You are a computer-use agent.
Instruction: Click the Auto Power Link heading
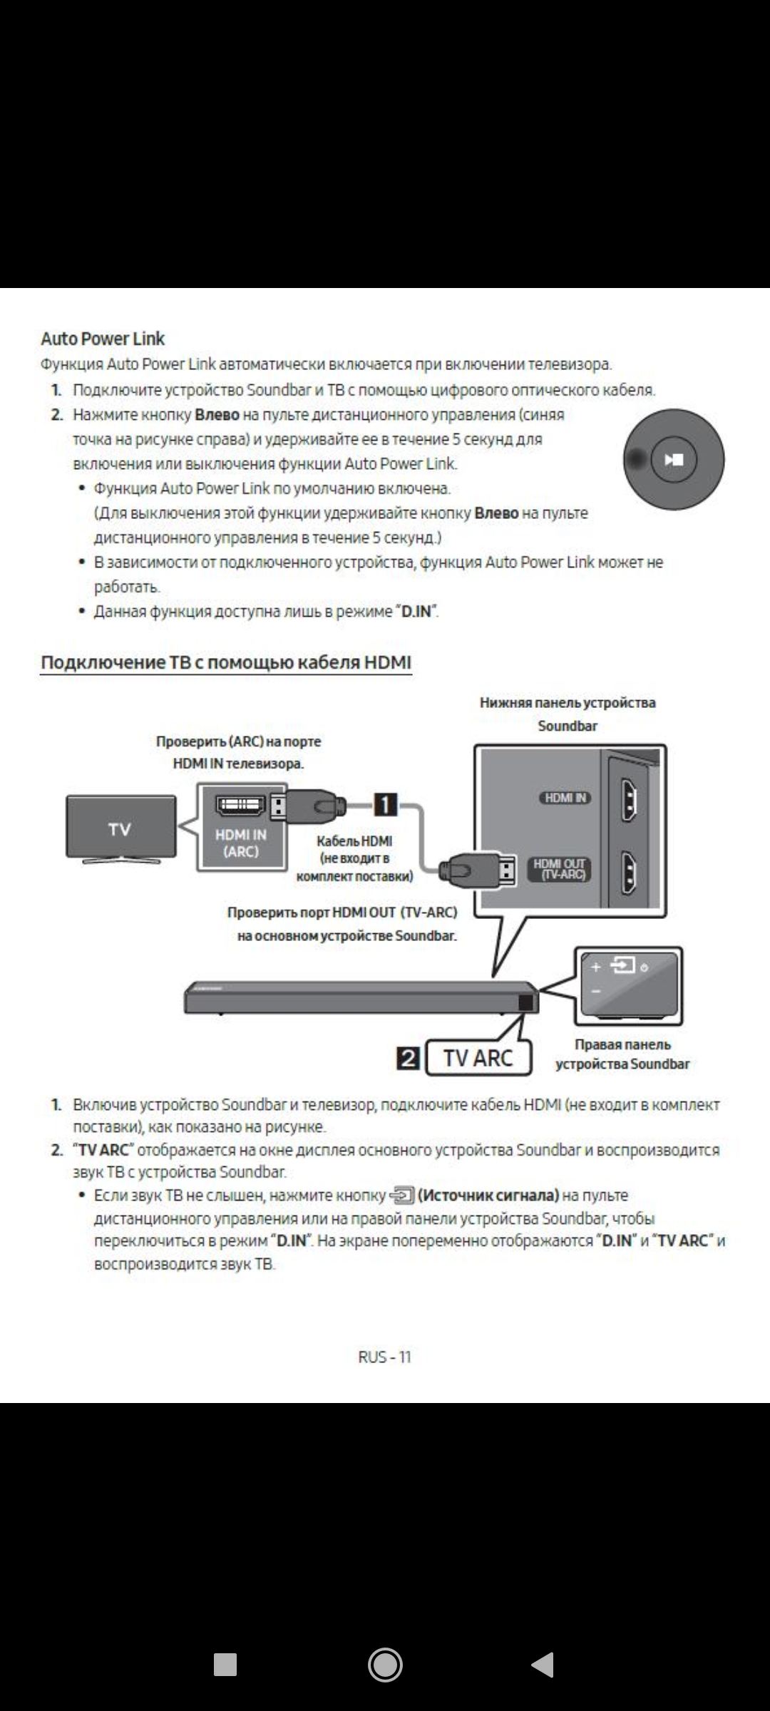point(103,339)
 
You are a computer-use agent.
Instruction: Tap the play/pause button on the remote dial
point(674,460)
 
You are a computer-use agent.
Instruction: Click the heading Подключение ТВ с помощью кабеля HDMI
point(226,662)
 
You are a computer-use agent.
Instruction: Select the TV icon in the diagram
point(120,828)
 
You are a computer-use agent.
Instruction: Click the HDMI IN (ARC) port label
point(241,843)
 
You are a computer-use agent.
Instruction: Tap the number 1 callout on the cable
point(385,805)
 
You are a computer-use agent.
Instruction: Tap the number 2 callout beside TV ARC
point(409,1059)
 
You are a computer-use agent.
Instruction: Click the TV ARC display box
point(478,1058)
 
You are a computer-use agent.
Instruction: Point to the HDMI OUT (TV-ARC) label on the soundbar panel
point(560,869)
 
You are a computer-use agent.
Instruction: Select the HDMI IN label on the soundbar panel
point(565,798)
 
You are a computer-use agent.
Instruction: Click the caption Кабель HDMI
point(354,841)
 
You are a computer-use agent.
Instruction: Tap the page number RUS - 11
point(385,1357)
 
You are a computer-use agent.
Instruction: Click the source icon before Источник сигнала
point(402,1195)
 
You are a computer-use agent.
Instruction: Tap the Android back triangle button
point(543,1665)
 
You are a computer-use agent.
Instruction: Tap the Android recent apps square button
point(225,1665)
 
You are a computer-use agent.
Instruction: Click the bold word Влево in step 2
point(217,415)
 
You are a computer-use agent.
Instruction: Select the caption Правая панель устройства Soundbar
point(622,1054)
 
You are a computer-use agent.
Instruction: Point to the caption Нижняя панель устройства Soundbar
point(568,714)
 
